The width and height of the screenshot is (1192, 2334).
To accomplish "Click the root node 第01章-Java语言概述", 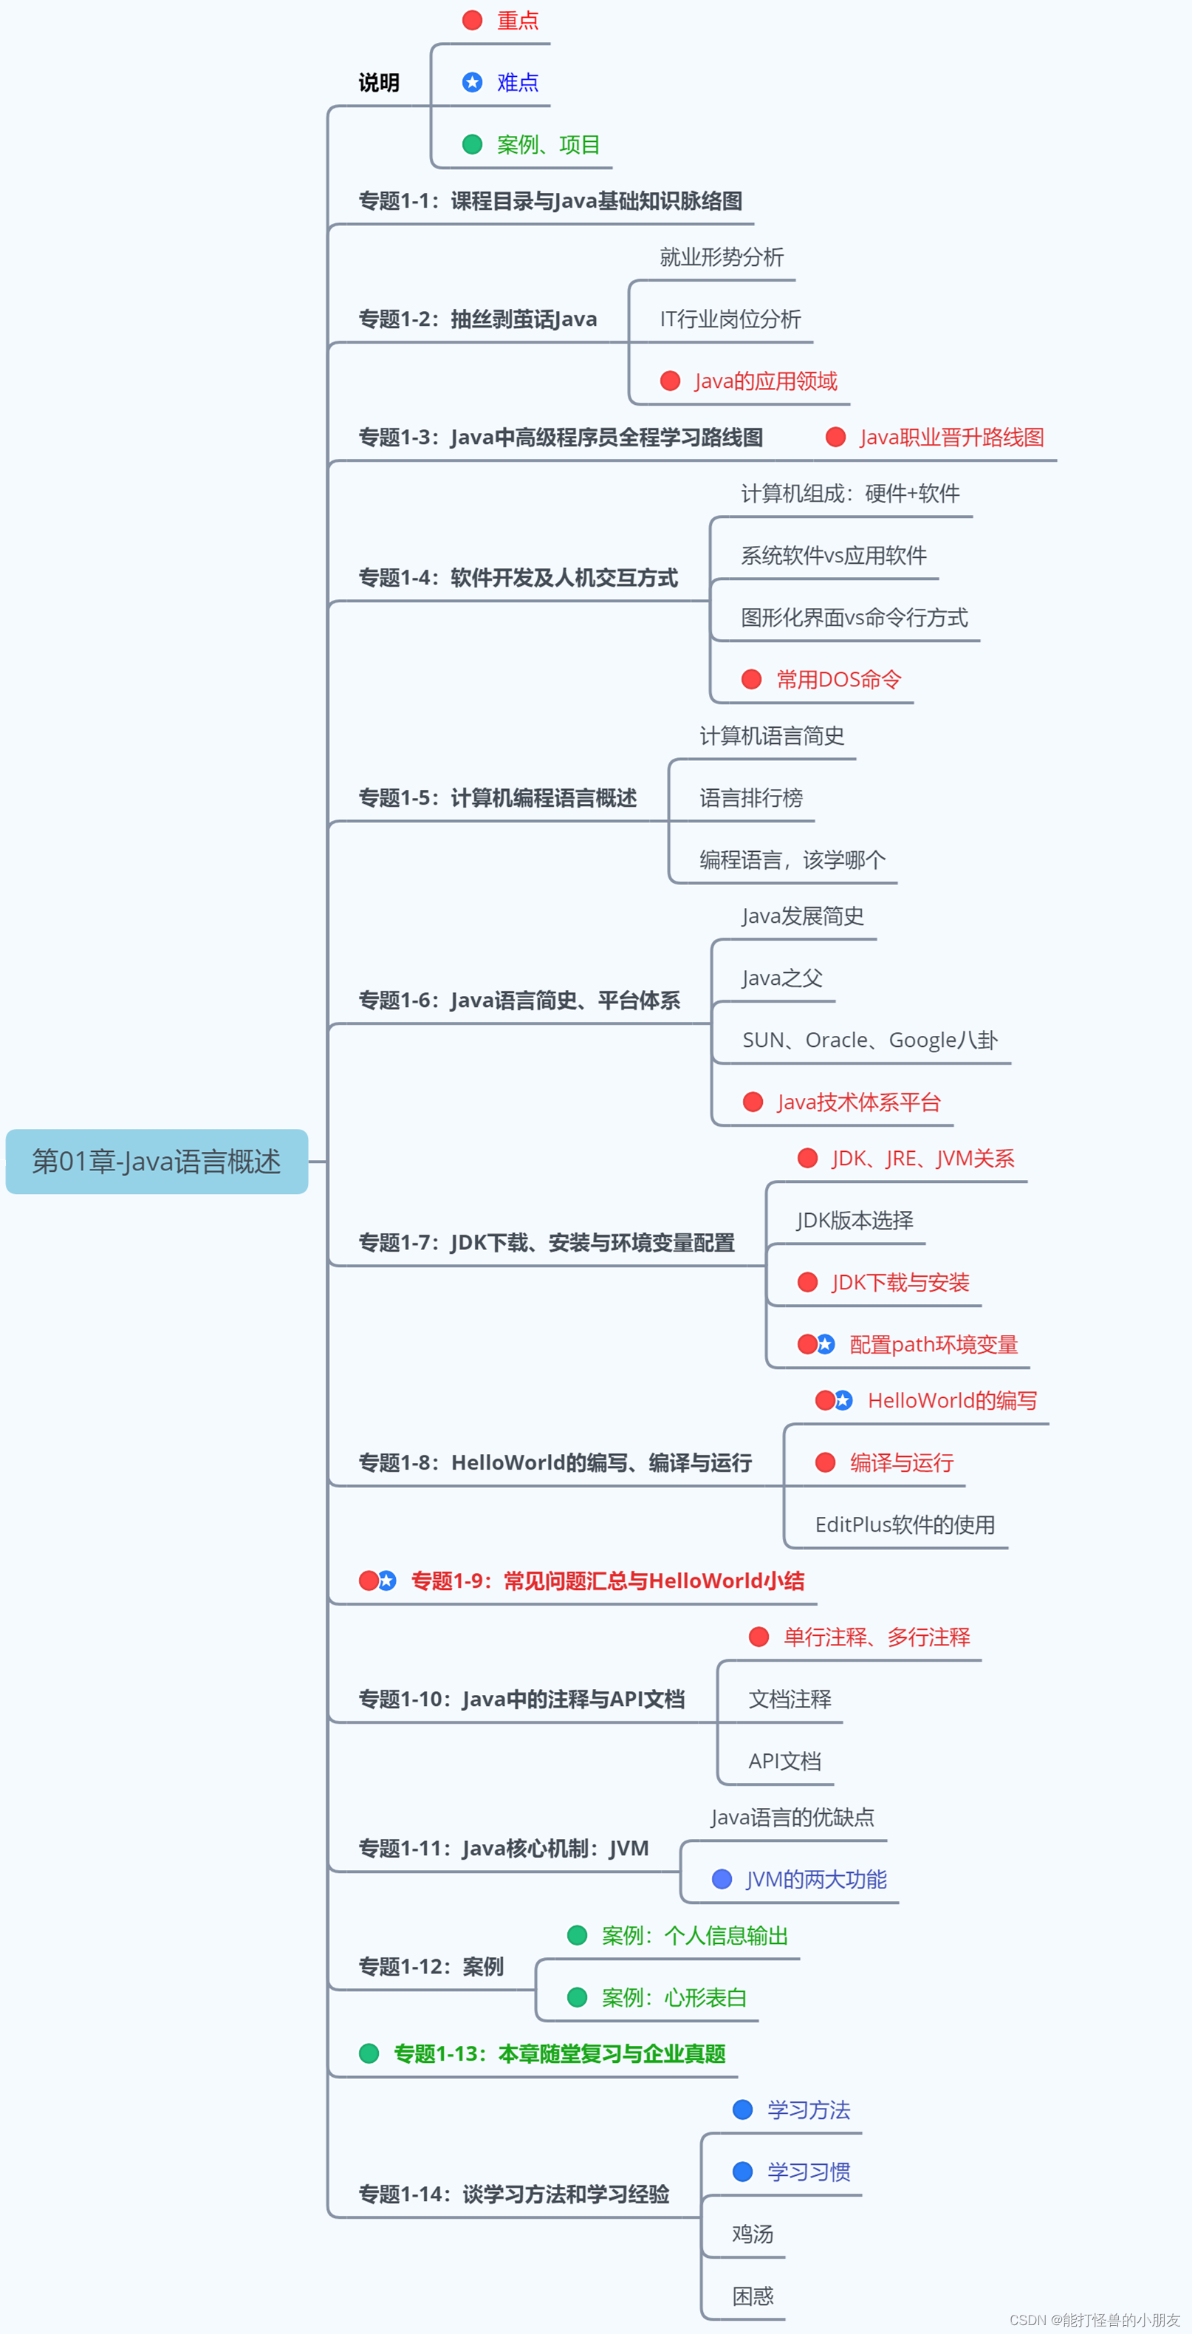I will pos(157,1161).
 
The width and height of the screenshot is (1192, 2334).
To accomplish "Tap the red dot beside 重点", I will pos(472,20).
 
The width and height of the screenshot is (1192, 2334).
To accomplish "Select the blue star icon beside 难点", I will pos(472,83).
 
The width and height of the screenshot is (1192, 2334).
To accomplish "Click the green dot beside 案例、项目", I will pos(472,144).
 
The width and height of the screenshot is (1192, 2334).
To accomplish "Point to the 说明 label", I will pos(379,83).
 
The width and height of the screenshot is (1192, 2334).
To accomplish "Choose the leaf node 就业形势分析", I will pos(721,257).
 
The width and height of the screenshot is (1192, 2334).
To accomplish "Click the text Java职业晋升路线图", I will pos(951,437).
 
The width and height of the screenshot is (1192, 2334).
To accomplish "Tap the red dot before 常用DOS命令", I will pos(751,680).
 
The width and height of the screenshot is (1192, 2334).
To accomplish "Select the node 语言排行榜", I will pos(751,798).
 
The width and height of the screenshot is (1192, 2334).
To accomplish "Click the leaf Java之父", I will pos(783,978).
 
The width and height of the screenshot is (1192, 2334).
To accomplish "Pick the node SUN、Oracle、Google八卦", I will pos(869,1040).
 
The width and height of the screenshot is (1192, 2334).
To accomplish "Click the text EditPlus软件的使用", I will pos(905,1525).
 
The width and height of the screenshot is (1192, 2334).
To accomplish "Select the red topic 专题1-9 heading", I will pos(607,1581).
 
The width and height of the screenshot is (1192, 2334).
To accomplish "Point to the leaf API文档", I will pos(784,1761).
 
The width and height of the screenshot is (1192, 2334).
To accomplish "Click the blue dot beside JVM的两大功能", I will pos(722,1879).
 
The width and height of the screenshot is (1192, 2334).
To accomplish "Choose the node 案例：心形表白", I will pos(674,1998).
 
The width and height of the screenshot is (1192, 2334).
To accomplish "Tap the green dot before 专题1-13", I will pos(369,2054).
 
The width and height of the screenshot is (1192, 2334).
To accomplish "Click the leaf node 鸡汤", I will pos(753,2234).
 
